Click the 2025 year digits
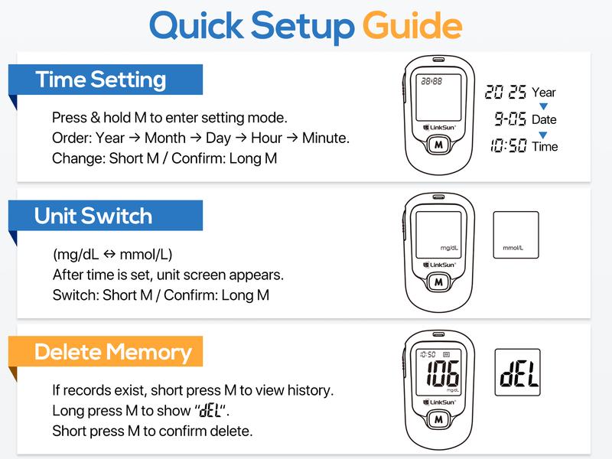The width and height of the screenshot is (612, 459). pyautogui.click(x=506, y=93)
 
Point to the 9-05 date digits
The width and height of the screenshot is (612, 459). pyautogui.click(x=509, y=119)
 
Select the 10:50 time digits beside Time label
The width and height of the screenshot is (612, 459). pyautogui.click(x=509, y=146)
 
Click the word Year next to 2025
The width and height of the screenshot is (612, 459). pyautogui.click(x=544, y=93)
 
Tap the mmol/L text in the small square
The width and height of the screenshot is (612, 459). pyautogui.click(x=516, y=249)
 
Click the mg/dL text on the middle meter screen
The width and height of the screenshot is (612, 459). pyautogui.click(x=449, y=248)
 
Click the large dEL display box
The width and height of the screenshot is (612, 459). pyautogui.click(x=517, y=373)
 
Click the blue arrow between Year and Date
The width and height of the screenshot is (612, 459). pyautogui.click(x=544, y=106)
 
